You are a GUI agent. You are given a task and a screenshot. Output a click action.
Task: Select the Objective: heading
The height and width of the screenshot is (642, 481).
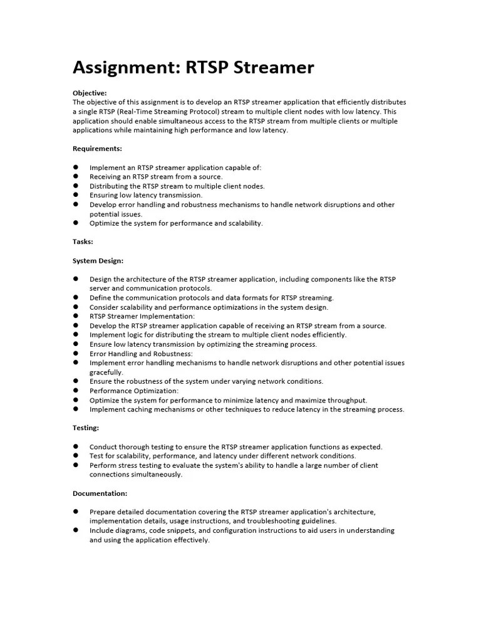point(90,93)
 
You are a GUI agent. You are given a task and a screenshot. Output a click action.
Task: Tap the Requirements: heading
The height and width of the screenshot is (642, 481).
point(97,149)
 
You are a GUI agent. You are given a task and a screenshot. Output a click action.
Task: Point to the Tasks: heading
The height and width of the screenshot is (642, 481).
point(83,241)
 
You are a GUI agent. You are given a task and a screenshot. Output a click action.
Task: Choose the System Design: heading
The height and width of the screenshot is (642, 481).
point(98,260)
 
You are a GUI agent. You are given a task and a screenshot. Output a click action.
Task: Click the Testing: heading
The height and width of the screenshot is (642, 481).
point(86,428)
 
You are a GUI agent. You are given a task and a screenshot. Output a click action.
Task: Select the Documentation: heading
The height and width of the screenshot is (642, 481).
point(100,493)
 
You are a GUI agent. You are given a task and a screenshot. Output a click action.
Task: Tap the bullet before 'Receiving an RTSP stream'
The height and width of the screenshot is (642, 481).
point(76,177)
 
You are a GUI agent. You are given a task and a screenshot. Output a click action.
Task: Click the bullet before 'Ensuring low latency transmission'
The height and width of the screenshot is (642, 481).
point(76,195)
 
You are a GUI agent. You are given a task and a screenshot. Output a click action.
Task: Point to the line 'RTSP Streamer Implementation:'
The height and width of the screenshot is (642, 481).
point(142,317)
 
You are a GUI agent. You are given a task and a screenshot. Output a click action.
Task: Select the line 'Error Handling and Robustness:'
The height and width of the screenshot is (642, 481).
point(141,354)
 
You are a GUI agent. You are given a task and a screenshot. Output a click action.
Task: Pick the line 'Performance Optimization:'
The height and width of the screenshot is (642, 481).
point(134,391)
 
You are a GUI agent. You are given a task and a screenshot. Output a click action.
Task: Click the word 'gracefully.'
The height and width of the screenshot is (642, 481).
point(106,372)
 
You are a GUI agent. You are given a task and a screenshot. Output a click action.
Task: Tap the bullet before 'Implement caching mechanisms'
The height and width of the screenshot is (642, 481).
point(76,409)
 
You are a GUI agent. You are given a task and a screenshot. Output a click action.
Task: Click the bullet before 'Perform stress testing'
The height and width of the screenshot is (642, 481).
point(76,465)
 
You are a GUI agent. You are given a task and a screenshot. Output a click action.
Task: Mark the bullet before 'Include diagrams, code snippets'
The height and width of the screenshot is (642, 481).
point(76,530)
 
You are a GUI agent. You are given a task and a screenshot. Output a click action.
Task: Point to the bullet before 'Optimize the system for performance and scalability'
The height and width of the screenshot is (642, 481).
point(76,223)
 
